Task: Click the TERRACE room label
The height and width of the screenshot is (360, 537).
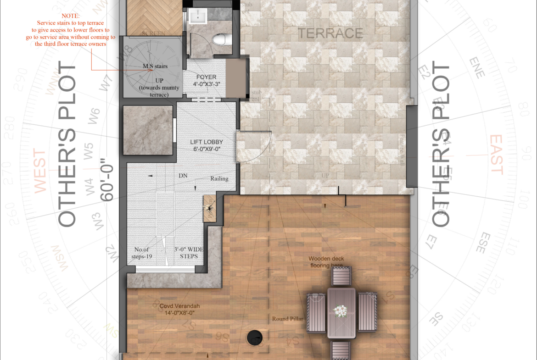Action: click(330, 33)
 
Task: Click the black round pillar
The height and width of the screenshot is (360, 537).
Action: click(255, 338)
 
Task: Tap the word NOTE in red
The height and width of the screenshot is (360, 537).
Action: click(71, 16)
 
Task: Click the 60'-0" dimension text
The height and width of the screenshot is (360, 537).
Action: click(106, 180)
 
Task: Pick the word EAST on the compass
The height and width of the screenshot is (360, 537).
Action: click(496, 155)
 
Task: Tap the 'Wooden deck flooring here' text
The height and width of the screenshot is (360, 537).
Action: click(326, 262)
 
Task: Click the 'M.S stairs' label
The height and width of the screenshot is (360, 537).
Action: click(155, 66)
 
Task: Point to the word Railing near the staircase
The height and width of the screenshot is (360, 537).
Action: click(219, 179)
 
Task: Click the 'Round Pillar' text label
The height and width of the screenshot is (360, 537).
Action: click(286, 319)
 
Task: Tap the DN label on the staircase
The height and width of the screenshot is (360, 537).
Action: click(183, 176)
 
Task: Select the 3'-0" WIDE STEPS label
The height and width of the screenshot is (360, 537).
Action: click(189, 253)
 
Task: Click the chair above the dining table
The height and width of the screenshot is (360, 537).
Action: click(341, 277)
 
